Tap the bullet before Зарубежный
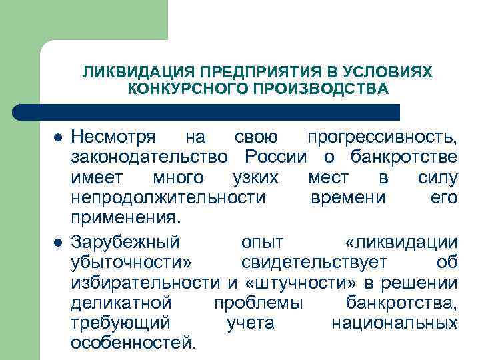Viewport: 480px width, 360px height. pyautogui.click(x=58, y=242)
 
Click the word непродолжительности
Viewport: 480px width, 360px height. pyautogui.click(x=168, y=199)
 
